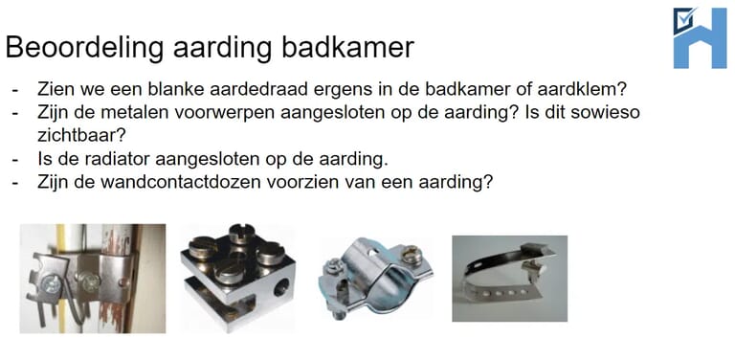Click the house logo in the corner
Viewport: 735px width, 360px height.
[x=700, y=37]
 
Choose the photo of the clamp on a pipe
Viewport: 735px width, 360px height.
[x=92, y=278]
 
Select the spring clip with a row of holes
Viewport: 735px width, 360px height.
[x=509, y=278]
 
